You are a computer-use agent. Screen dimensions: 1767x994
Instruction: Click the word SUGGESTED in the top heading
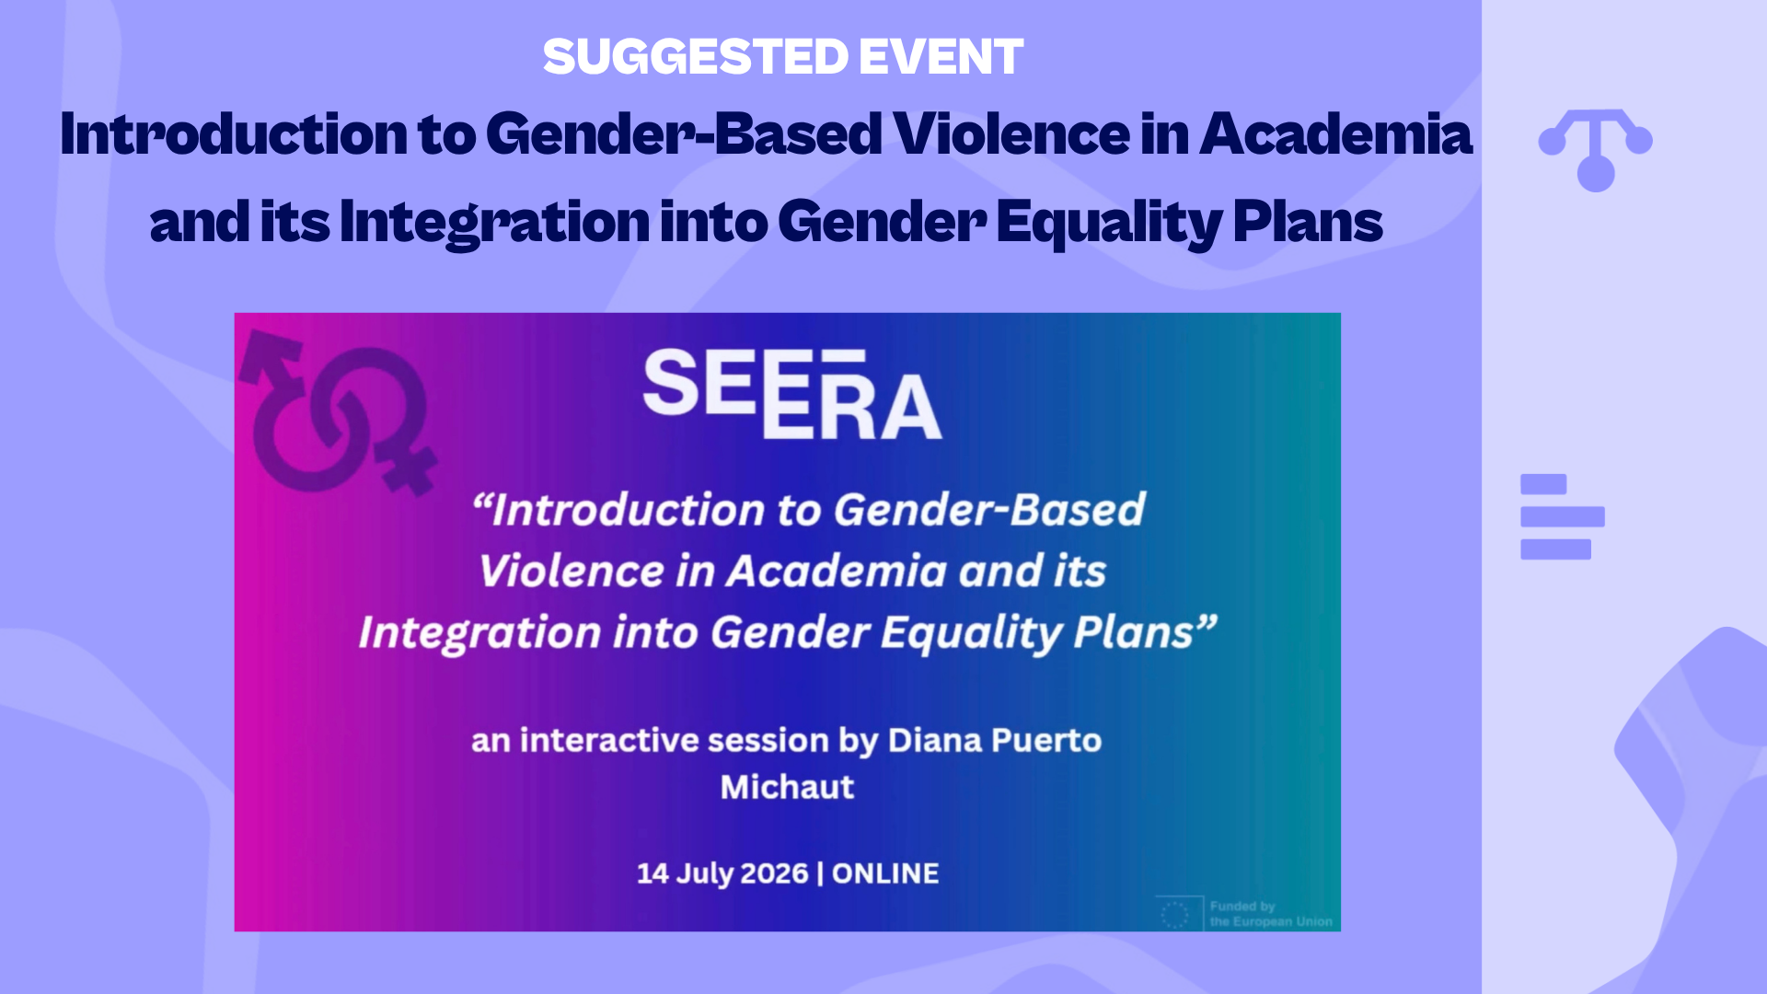696,56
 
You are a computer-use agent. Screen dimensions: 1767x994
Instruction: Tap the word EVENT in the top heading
941,56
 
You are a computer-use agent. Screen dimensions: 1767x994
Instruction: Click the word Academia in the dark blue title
1335,134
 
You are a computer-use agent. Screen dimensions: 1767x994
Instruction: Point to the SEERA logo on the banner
792,394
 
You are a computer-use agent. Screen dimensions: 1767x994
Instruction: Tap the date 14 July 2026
722,873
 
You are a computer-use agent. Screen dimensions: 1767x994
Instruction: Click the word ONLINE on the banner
885,873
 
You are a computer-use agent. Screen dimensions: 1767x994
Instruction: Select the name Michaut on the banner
787,787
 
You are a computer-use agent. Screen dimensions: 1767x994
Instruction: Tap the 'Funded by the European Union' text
1271,914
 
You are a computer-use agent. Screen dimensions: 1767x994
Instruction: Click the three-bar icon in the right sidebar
1563,516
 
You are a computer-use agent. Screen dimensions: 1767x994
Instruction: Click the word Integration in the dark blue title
494,222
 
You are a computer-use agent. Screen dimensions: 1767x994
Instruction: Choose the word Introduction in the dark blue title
234,134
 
